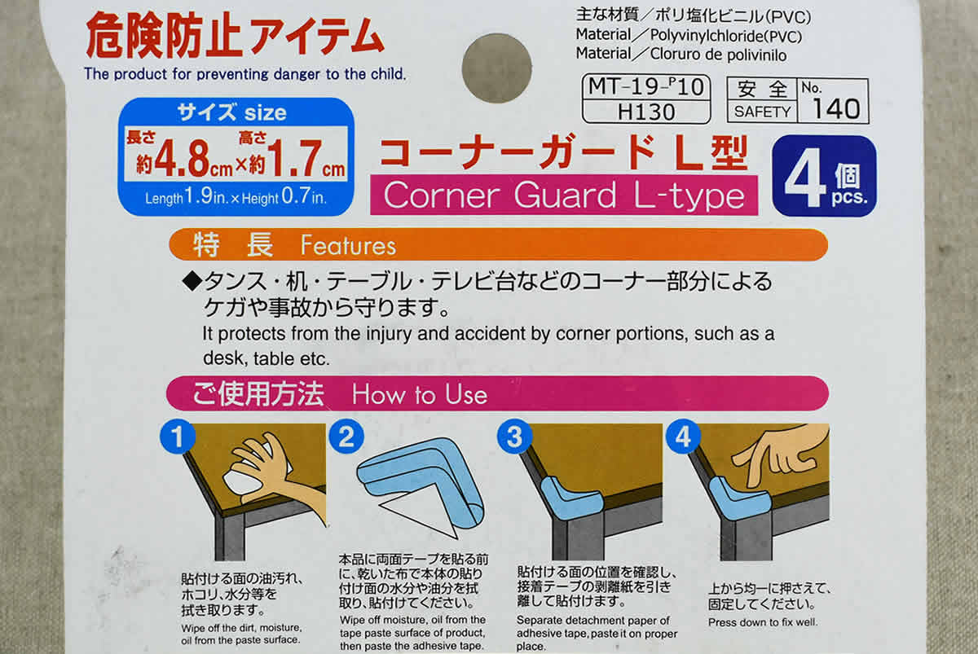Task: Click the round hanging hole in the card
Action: point(497,68)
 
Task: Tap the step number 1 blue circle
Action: point(178,437)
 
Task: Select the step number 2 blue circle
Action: point(346,437)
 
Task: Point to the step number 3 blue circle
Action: point(515,437)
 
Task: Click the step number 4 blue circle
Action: point(683,437)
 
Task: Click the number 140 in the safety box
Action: point(836,108)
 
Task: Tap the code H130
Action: point(646,112)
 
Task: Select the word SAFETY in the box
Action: point(762,112)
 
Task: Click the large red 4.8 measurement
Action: point(182,158)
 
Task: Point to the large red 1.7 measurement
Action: point(295,158)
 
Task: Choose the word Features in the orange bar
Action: point(349,245)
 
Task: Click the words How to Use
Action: point(420,394)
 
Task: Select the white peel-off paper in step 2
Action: point(419,518)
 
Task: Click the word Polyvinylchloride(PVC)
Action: point(726,36)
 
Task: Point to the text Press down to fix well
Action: point(762,622)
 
